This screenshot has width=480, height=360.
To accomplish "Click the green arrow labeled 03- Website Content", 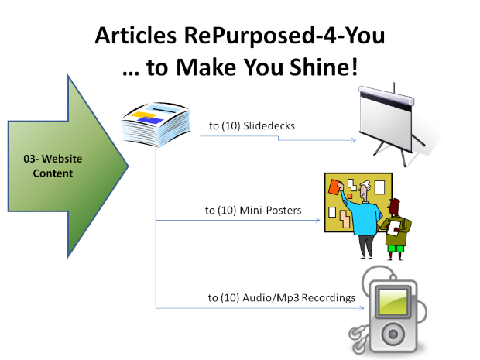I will (x=66, y=166).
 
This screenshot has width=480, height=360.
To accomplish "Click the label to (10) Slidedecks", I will (x=242, y=125).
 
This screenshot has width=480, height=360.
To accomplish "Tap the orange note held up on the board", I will (x=335, y=188).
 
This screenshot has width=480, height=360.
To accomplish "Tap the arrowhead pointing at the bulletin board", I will (x=317, y=221).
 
